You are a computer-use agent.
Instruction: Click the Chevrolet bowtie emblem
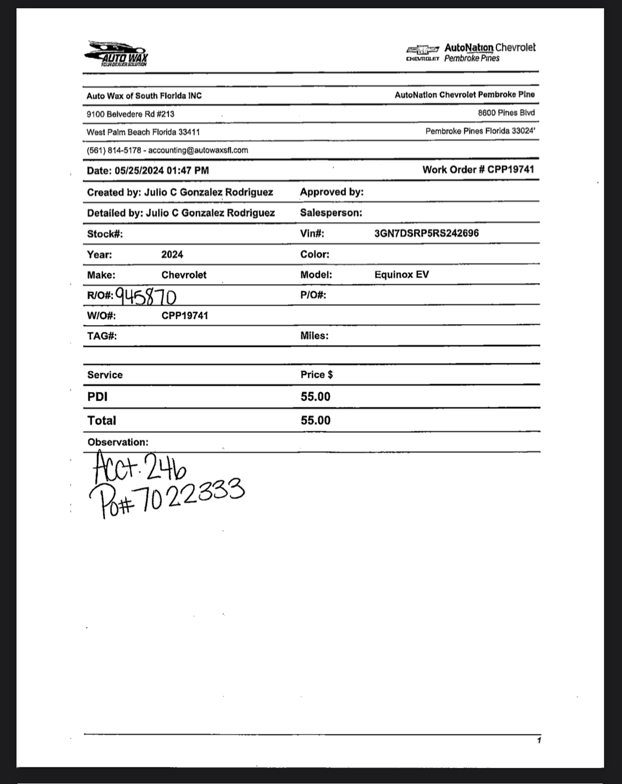423,49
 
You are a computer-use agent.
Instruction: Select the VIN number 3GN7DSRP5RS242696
426,233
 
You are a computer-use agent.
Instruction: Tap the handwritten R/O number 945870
146,296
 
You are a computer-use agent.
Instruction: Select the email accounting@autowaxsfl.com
198,150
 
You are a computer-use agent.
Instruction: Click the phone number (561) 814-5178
114,150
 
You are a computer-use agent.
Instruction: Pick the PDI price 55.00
315,397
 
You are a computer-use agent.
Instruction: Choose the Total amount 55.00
315,420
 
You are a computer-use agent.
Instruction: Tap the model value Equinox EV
402,275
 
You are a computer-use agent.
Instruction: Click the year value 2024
172,254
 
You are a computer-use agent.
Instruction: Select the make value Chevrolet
184,275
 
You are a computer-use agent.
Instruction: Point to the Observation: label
118,442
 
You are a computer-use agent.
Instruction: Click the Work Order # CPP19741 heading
478,170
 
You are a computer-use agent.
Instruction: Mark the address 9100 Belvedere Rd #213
130,114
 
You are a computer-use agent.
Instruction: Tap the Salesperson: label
331,213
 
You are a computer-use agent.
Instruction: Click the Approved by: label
332,192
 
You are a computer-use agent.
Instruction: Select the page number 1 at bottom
539,740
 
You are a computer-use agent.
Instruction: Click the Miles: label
314,336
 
